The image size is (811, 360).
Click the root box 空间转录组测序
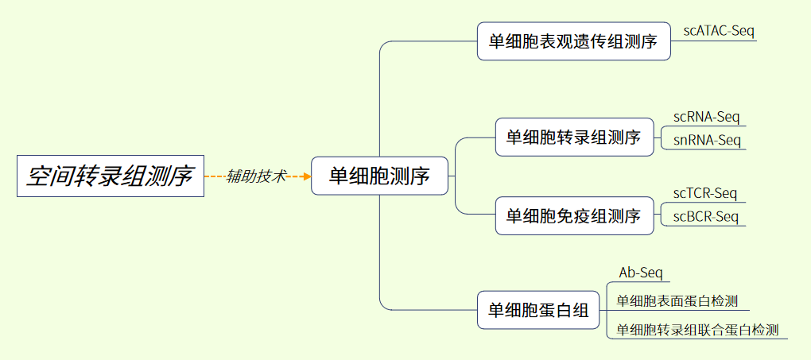tap(110, 176)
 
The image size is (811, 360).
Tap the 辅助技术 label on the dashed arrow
tap(256, 176)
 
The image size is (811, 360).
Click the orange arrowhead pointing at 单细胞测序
tap(307, 176)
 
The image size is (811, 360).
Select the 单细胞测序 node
tap(379, 176)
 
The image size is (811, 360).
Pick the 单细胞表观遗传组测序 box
tap(573, 41)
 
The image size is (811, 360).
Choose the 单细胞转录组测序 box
tap(573, 137)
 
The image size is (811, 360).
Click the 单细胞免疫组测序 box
tap(573, 215)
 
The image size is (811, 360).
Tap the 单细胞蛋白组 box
tap(538, 310)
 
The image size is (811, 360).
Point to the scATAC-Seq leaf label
tap(719, 31)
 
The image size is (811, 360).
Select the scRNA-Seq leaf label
tap(706, 117)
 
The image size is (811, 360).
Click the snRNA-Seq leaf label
tap(707, 141)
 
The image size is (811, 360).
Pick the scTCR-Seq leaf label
tap(705, 193)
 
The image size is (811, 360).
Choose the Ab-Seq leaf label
tap(640, 273)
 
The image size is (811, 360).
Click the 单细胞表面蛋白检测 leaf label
tap(677, 301)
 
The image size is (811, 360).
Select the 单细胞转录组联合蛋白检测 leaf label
tap(697, 330)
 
